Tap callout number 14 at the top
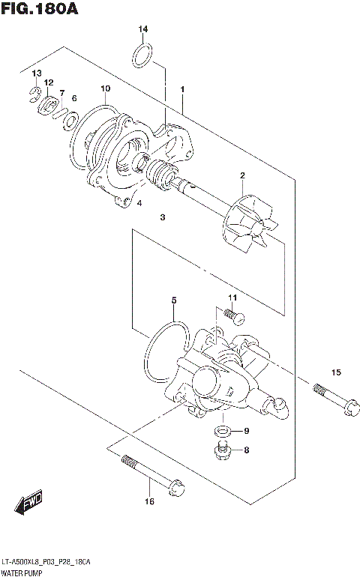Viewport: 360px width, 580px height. pyautogui.click(x=142, y=29)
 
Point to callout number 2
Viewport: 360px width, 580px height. pyautogui.click(x=242, y=176)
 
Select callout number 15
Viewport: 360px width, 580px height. pyautogui.click(x=336, y=372)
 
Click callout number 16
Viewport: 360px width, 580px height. pyautogui.click(x=149, y=501)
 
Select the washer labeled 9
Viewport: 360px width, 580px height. pyautogui.click(x=222, y=431)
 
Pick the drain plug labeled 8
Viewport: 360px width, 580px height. pyautogui.click(x=221, y=450)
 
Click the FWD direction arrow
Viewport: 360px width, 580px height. pyautogui.click(x=30, y=504)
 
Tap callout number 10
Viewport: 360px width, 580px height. pyautogui.click(x=106, y=88)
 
